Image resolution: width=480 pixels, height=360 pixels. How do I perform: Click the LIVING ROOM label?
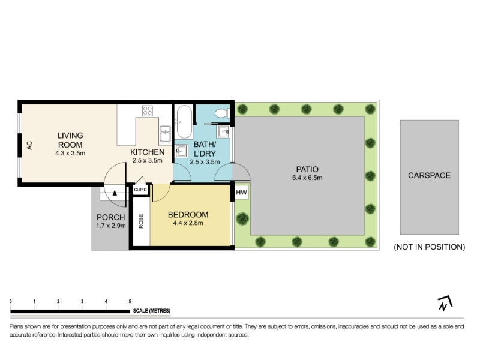pos(70,140)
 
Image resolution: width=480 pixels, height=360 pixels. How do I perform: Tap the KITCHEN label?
pos(147,152)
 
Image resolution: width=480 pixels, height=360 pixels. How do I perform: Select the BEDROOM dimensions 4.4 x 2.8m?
pos(188,223)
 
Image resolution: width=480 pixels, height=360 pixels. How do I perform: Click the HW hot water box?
pos(242,193)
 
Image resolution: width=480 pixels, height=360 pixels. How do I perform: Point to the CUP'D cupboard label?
pos(140,190)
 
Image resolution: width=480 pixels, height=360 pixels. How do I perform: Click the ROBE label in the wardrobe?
pos(141,221)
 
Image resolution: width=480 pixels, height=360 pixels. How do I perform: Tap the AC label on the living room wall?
pos(29,145)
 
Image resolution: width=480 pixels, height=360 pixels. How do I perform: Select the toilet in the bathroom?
pos(222,113)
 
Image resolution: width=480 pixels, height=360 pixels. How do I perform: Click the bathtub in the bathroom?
pos(185,122)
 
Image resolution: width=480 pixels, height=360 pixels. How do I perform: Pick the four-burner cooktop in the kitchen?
pos(148,110)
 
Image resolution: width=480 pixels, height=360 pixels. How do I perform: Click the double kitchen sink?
pos(166,134)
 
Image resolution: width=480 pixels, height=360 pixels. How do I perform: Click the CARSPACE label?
pos(429,175)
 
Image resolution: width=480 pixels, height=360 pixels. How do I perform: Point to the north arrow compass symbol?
pos(445,303)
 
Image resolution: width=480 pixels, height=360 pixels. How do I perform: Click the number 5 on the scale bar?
pos(130,302)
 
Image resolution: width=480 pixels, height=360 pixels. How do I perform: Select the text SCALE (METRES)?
pos(152,311)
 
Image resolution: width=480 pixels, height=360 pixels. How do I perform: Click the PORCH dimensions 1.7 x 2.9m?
pos(111,226)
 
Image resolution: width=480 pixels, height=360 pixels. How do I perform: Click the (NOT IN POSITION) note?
pos(430,247)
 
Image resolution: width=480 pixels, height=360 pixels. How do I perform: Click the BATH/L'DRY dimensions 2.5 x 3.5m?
pos(205,162)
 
